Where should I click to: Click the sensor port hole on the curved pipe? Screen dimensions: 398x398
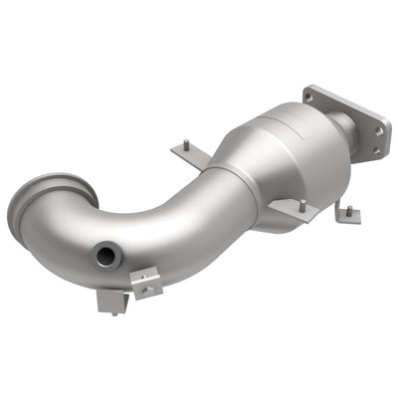click(105, 257)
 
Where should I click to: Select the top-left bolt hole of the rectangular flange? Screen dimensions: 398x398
click(309, 99)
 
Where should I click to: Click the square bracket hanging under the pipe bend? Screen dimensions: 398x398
click(109, 300)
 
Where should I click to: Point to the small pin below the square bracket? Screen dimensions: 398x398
click(113, 314)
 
